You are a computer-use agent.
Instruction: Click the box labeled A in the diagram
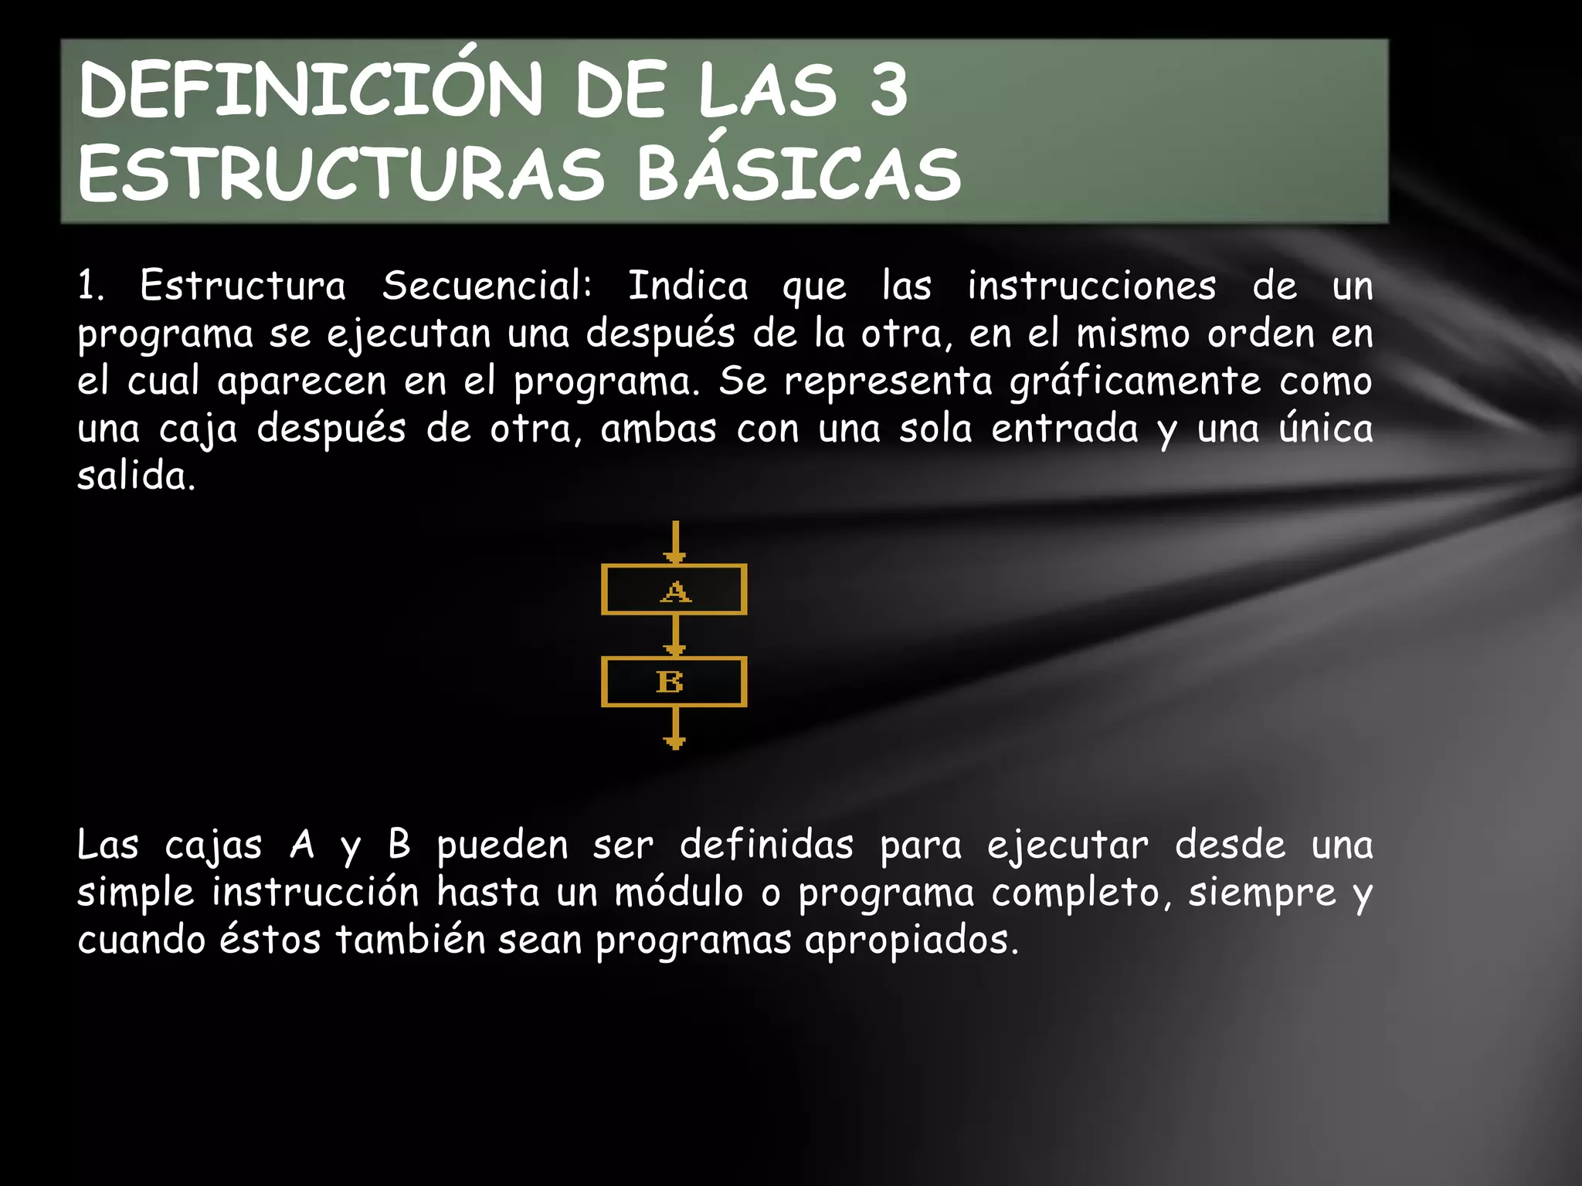(674, 590)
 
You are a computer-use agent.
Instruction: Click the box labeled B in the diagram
(674, 682)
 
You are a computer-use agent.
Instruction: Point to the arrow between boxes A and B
(675, 635)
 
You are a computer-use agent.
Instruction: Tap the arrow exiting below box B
(675, 728)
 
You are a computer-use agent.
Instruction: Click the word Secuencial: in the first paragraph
(487, 286)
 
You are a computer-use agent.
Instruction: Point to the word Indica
(687, 286)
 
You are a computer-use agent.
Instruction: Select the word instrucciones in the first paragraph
(1091, 286)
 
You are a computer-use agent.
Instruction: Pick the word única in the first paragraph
(1326, 428)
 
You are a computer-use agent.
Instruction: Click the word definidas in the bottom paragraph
(766, 845)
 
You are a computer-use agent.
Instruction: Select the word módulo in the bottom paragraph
(679, 893)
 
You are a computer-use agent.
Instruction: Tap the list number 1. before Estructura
(90, 286)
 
